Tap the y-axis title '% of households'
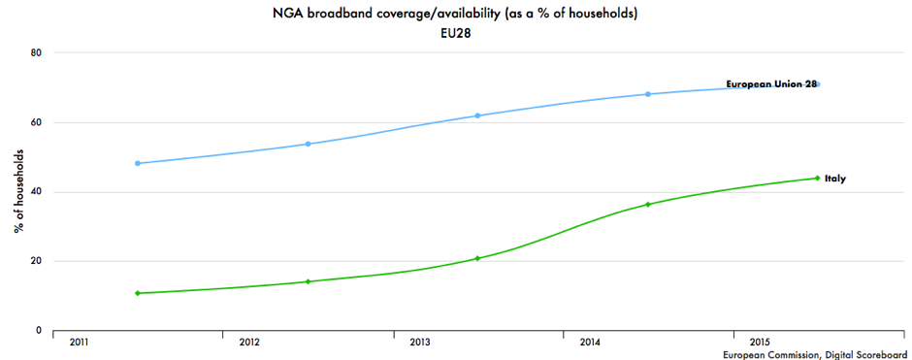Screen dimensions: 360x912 click(18, 191)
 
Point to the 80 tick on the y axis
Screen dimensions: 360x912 click(38, 52)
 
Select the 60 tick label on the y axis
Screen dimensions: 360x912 click(38, 122)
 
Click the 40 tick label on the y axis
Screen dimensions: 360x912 click(38, 192)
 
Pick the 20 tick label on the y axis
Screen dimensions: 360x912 click(38, 261)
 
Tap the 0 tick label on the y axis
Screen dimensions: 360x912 click(40, 331)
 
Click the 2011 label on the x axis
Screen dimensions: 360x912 click(80, 343)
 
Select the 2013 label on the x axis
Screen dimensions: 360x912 click(420, 343)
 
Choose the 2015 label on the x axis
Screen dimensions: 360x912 click(761, 343)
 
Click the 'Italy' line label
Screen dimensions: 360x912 click(835, 179)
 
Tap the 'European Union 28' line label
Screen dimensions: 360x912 click(771, 84)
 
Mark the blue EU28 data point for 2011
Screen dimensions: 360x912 click(138, 163)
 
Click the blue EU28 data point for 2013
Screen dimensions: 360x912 click(477, 115)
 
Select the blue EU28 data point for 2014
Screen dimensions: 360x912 click(647, 94)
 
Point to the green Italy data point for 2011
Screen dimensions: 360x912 click(138, 293)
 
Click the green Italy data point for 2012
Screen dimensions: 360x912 click(308, 281)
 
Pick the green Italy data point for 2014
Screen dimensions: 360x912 click(647, 205)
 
